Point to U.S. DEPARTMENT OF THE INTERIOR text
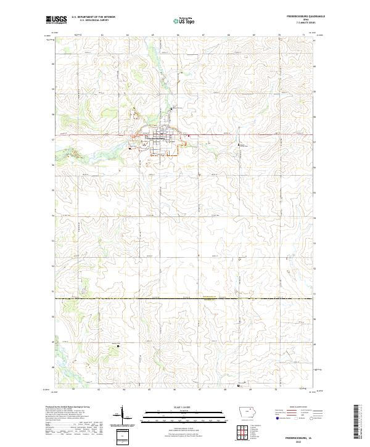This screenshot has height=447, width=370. [92, 18]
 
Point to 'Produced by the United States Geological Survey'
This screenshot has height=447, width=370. [72, 408]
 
